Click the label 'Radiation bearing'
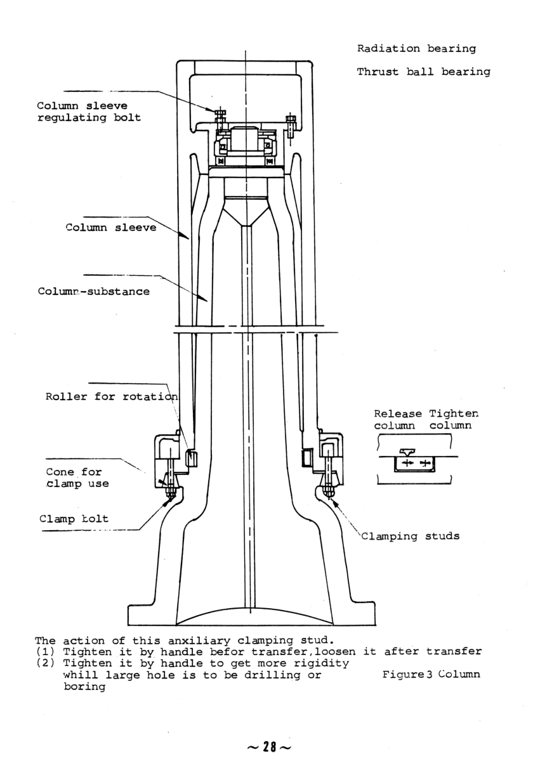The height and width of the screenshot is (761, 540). (416, 49)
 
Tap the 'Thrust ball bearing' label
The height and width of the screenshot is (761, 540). (423, 72)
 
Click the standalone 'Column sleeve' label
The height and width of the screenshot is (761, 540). (110, 228)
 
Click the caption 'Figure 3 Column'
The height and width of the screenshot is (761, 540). (431, 674)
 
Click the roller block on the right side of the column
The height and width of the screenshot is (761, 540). (308, 455)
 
